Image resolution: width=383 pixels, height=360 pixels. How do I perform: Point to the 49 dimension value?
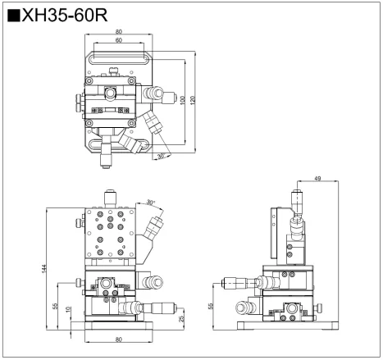point(318,178)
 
